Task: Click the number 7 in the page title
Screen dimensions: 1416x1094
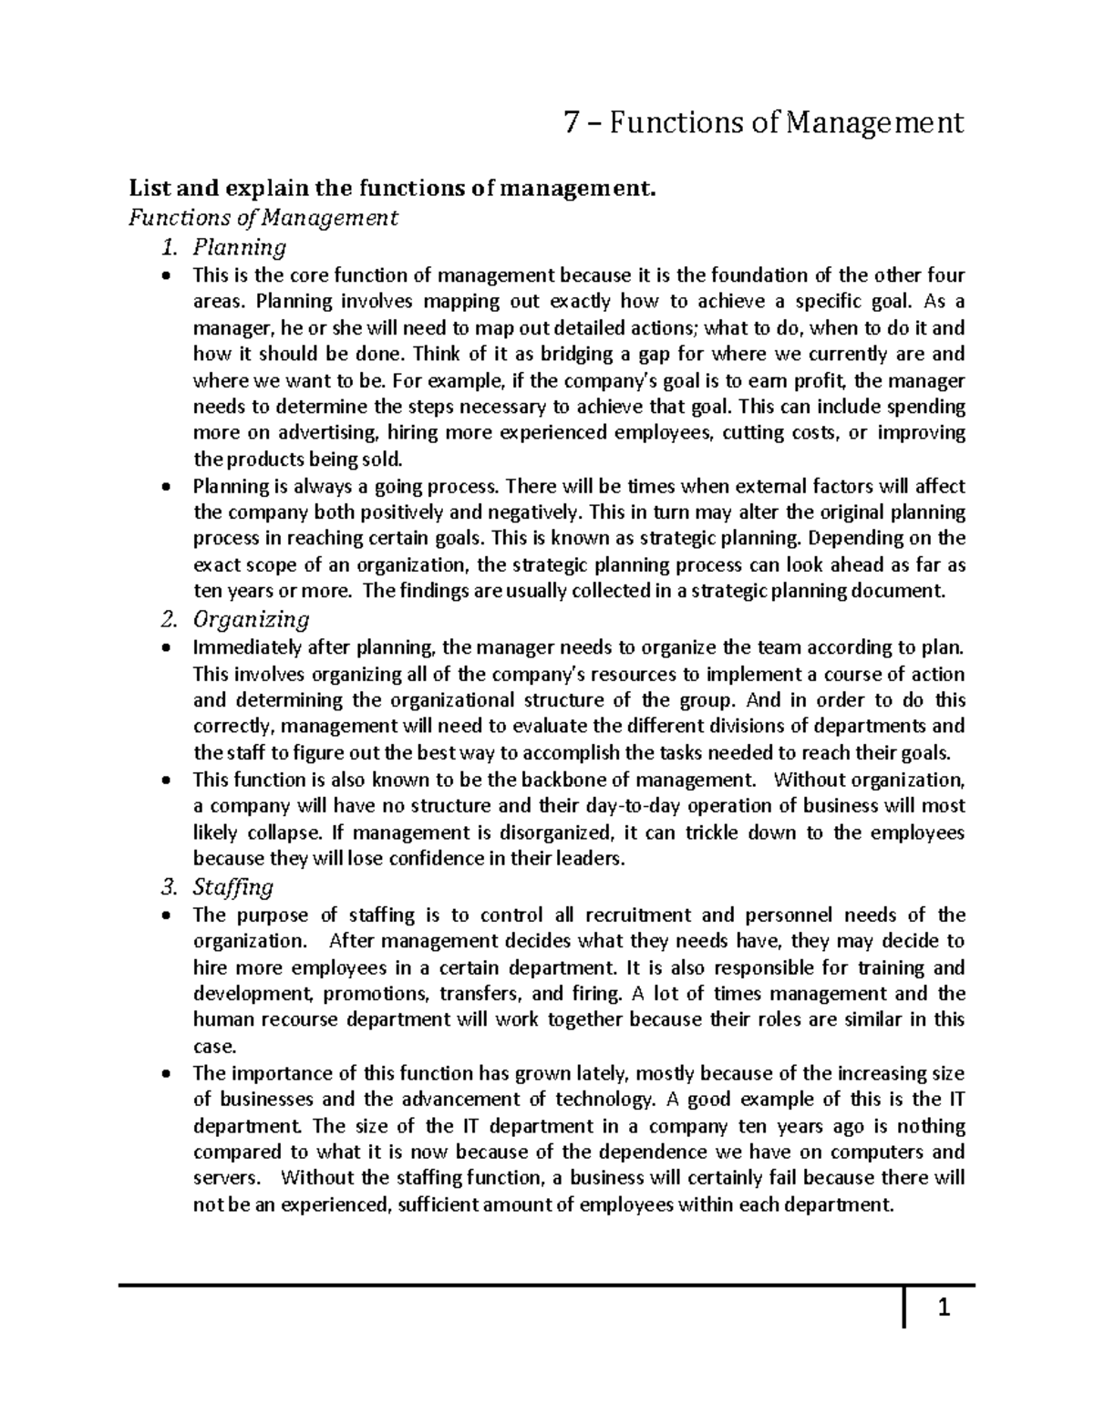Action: [x=571, y=121]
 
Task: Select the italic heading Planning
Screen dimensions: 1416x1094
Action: [x=240, y=247]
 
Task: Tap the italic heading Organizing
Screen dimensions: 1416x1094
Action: [x=252, y=620]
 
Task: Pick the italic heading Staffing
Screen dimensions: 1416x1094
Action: [x=233, y=887]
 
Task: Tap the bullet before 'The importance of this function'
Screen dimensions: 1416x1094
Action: [x=164, y=1074]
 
